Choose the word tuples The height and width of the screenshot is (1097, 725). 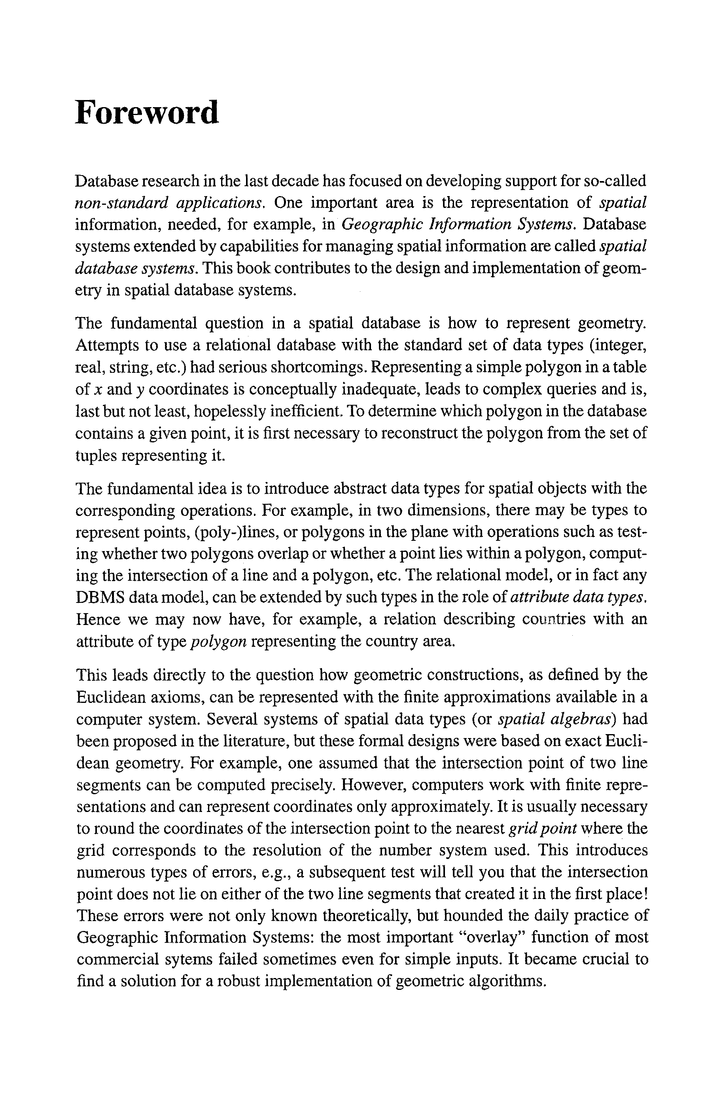point(96,456)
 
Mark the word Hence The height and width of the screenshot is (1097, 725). point(98,620)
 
